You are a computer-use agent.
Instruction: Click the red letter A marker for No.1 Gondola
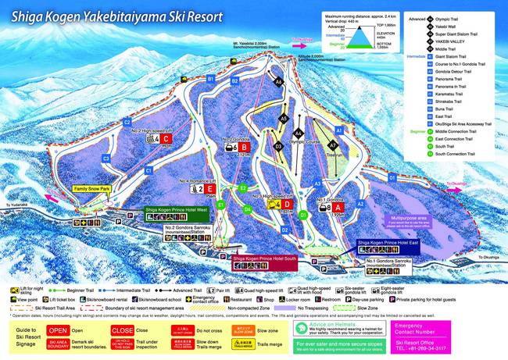point(338,208)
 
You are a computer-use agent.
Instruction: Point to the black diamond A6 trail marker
point(277,81)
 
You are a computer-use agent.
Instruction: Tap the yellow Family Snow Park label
point(92,189)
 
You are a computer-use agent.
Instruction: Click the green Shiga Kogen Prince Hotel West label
point(175,210)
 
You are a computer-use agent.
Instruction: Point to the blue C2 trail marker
point(127,123)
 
